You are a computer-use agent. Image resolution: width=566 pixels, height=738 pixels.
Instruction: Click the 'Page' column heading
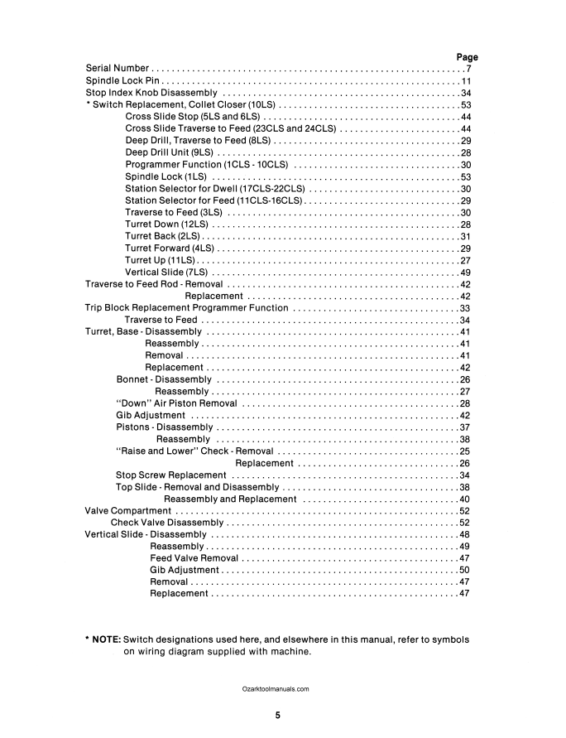point(468,57)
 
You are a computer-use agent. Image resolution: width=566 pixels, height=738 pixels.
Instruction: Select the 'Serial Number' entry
point(118,69)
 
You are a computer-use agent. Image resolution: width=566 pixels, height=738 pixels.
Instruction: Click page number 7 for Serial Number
point(468,69)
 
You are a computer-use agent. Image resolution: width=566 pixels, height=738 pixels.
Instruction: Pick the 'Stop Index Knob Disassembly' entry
point(151,94)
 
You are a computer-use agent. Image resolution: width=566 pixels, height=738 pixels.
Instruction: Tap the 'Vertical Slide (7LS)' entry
point(166,273)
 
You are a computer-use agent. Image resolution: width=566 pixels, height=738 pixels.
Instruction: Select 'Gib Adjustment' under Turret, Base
point(151,416)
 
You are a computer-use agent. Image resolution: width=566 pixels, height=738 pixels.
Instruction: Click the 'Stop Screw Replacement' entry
point(171,475)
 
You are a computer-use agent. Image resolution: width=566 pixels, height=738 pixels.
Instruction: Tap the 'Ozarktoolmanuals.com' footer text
point(276,689)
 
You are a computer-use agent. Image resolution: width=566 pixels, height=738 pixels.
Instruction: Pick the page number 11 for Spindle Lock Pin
point(466,81)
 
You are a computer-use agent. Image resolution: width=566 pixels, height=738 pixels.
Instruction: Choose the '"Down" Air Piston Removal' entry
point(171,403)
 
